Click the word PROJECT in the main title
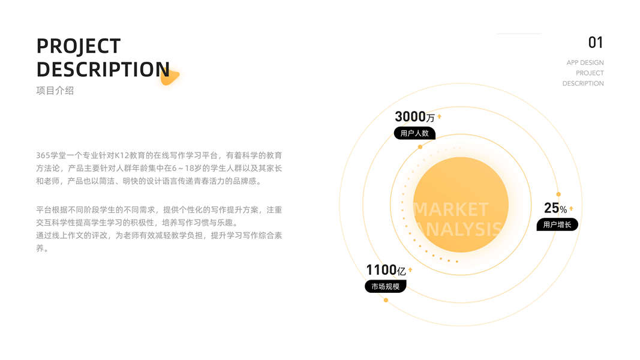[79, 46]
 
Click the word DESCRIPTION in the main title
[103, 69]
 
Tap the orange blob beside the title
[170, 77]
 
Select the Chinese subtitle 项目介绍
[55, 91]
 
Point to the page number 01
[595, 43]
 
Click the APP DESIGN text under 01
[585, 62]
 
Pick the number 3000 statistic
[410, 116]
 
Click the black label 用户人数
[414, 133]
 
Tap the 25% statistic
[555, 208]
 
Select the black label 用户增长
[557, 225]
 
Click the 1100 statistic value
[381, 270]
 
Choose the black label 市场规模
[385, 287]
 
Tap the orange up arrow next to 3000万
[439, 116]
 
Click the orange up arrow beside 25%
[571, 209]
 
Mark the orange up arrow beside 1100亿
[410, 270]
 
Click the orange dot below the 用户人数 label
[420, 146]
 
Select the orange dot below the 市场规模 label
[386, 300]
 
